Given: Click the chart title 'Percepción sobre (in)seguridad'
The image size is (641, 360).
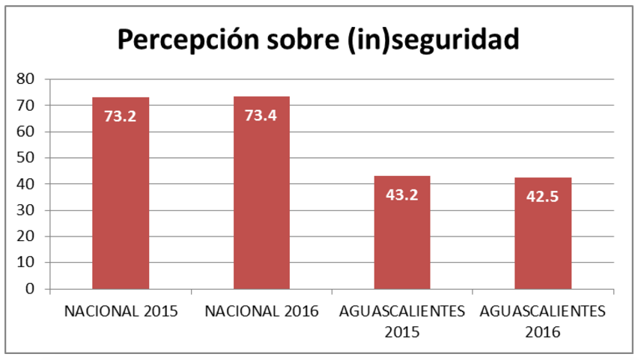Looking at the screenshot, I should (x=318, y=39).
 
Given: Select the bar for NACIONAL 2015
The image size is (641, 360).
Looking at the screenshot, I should (x=121, y=202).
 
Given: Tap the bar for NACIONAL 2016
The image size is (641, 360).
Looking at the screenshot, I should (x=261, y=202).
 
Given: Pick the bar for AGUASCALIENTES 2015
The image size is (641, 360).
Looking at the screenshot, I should (x=402, y=240).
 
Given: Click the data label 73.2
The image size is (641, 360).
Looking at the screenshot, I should (x=121, y=116).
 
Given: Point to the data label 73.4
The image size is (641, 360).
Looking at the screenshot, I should (x=261, y=115).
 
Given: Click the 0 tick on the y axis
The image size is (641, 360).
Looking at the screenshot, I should (x=30, y=289).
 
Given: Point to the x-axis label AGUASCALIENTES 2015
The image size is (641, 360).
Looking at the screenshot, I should (x=402, y=321).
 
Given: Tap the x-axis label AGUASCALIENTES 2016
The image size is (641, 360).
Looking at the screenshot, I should (x=543, y=321).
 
